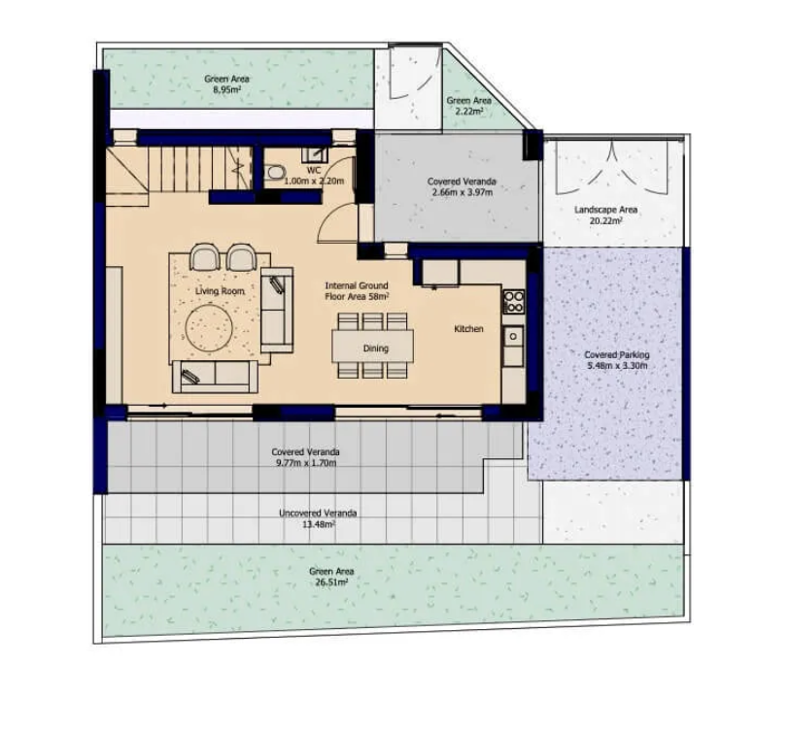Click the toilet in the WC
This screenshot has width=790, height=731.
point(275,173)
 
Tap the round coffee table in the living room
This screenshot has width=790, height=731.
point(209,329)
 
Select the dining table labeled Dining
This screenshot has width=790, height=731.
point(372,346)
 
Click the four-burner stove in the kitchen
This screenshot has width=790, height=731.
point(513,302)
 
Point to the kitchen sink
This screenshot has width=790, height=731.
point(513,336)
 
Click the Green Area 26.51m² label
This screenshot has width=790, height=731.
point(330,577)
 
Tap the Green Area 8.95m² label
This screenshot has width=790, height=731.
point(226,84)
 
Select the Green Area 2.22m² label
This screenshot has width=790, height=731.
point(468,106)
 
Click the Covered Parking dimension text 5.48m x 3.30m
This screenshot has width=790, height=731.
point(617,365)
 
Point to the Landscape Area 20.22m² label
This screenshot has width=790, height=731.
point(605,215)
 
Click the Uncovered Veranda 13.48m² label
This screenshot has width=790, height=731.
point(318,518)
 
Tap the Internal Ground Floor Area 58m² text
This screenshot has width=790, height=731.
point(357,291)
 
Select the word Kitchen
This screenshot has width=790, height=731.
point(468,329)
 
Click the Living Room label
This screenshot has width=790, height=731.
point(220,291)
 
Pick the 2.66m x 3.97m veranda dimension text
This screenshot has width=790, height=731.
point(462,192)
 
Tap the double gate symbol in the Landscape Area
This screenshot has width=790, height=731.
point(611,168)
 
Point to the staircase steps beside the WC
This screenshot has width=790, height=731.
point(199,169)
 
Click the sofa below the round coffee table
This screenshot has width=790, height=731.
point(215,377)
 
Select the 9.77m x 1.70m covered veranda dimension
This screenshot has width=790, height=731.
point(306,463)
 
